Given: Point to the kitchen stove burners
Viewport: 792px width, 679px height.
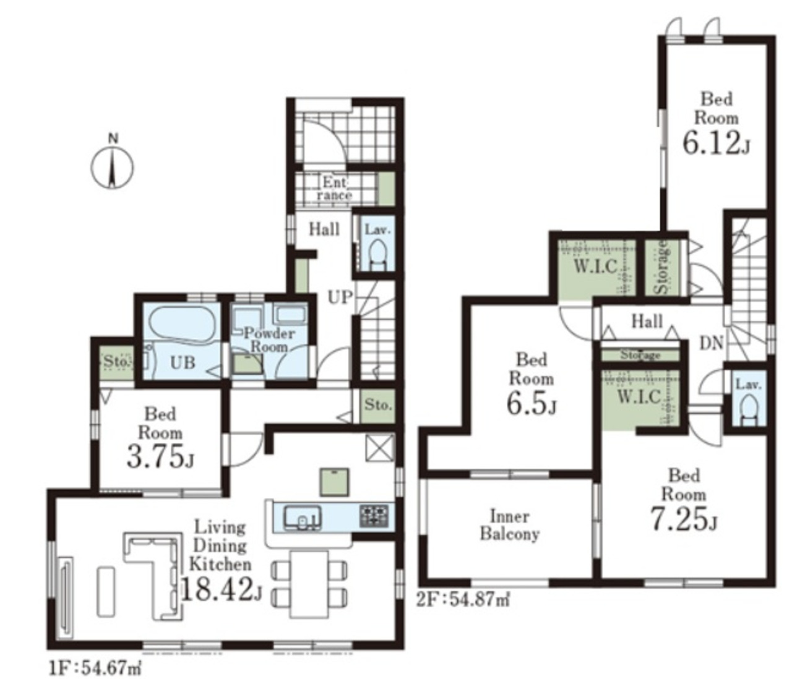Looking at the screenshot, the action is tap(374, 516).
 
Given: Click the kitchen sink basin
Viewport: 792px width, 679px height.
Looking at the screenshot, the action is tap(303, 518).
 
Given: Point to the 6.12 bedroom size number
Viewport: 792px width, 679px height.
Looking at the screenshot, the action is tap(716, 144).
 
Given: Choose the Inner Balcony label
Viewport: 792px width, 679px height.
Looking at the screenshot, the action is tap(510, 525).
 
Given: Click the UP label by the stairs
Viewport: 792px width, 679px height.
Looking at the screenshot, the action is tap(340, 297).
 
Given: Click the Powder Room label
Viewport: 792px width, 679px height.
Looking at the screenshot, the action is tap(270, 339).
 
